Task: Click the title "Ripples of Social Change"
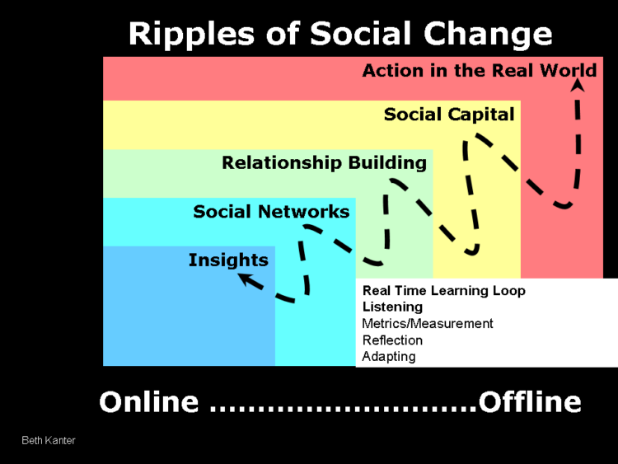click(x=340, y=34)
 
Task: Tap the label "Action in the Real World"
click(x=479, y=70)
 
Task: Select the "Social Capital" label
click(x=449, y=115)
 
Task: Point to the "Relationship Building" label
click(x=324, y=162)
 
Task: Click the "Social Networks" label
click(x=271, y=212)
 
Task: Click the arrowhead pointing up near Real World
click(x=578, y=71)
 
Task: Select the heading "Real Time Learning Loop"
click(x=443, y=291)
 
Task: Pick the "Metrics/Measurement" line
click(x=428, y=324)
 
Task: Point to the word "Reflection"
click(x=392, y=340)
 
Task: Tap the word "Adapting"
click(x=389, y=357)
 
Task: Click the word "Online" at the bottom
click(x=149, y=402)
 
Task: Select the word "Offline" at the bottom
click(x=530, y=402)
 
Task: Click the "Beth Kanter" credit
click(x=49, y=441)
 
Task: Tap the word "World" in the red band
click(x=568, y=70)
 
